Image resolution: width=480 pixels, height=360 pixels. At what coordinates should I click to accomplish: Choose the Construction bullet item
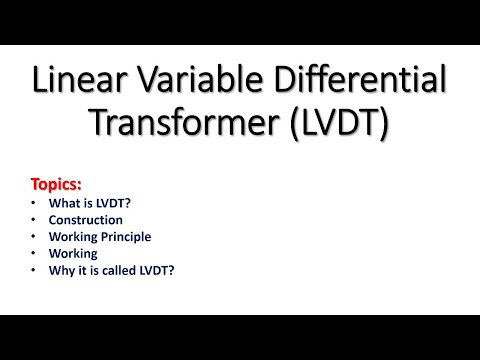(x=85, y=220)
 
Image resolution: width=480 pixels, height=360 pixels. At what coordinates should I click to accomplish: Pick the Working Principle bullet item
(x=101, y=237)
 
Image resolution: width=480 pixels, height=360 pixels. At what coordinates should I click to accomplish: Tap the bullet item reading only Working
(x=73, y=254)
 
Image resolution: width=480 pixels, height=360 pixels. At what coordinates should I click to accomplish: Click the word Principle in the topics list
(x=128, y=237)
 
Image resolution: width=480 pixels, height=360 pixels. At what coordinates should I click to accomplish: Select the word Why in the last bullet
(x=60, y=271)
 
